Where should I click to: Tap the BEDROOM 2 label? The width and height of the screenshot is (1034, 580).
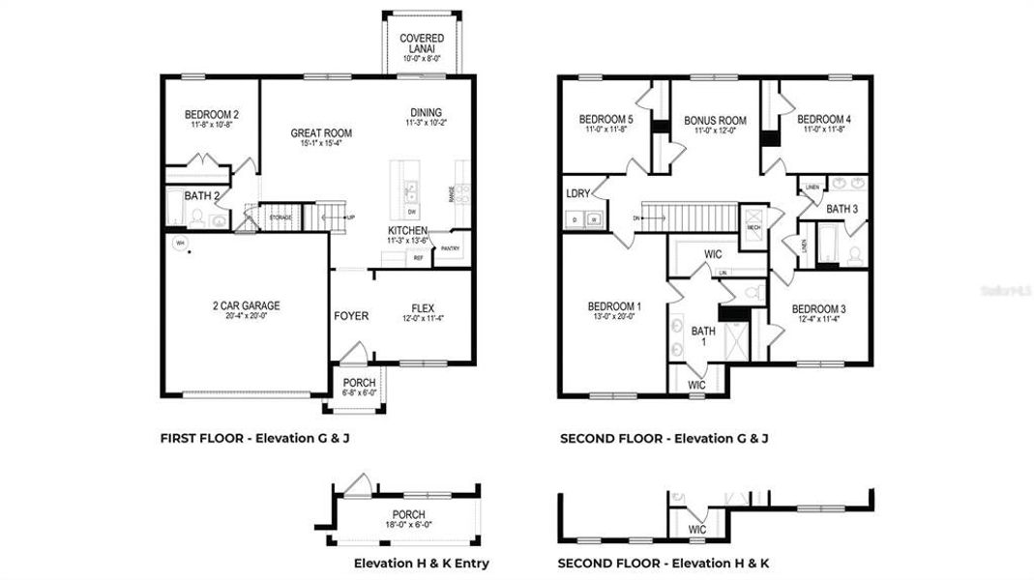point(212,115)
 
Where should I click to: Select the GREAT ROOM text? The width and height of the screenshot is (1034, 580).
point(321,133)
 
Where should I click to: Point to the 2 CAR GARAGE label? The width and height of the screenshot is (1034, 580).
point(247,306)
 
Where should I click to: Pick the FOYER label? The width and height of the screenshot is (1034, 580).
point(351,316)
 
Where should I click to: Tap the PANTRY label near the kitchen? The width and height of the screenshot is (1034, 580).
point(449,248)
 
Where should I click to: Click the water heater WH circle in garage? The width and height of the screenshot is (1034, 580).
point(179,244)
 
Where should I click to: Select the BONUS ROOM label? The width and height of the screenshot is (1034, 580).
point(716,121)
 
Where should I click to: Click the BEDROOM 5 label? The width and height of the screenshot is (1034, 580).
point(606,119)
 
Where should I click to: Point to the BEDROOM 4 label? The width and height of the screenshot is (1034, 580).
point(824,119)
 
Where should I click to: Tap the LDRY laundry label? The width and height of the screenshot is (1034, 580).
point(577,194)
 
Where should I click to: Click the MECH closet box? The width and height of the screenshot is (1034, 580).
point(753,226)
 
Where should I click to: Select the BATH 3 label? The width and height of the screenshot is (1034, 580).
point(842,209)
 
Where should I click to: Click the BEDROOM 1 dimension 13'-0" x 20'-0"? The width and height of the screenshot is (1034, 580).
point(614,317)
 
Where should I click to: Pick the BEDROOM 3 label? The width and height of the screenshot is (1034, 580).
point(818,309)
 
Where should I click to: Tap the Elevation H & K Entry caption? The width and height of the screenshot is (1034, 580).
point(421,563)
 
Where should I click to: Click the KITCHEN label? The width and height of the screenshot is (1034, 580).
point(408,231)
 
